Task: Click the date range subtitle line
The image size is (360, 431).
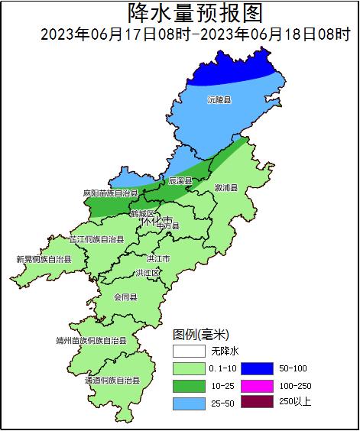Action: [x=195, y=34]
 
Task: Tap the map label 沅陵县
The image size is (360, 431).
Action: [x=219, y=99]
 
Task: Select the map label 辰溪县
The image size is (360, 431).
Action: [x=180, y=181]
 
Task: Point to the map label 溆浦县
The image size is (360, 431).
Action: [x=225, y=187]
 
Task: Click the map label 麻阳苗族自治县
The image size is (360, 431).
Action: [x=110, y=194]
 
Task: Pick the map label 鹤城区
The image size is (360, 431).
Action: [x=142, y=213]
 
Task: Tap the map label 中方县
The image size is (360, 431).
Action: [x=167, y=226]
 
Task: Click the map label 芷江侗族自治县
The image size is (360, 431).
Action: [x=96, y=239]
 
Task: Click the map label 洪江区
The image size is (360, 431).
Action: [x=148, y=273]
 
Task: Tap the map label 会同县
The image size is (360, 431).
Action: [x=125, y=297]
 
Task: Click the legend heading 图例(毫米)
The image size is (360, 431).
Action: [x=201, y=335]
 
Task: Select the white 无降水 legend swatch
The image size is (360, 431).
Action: [x=189, y=352]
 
